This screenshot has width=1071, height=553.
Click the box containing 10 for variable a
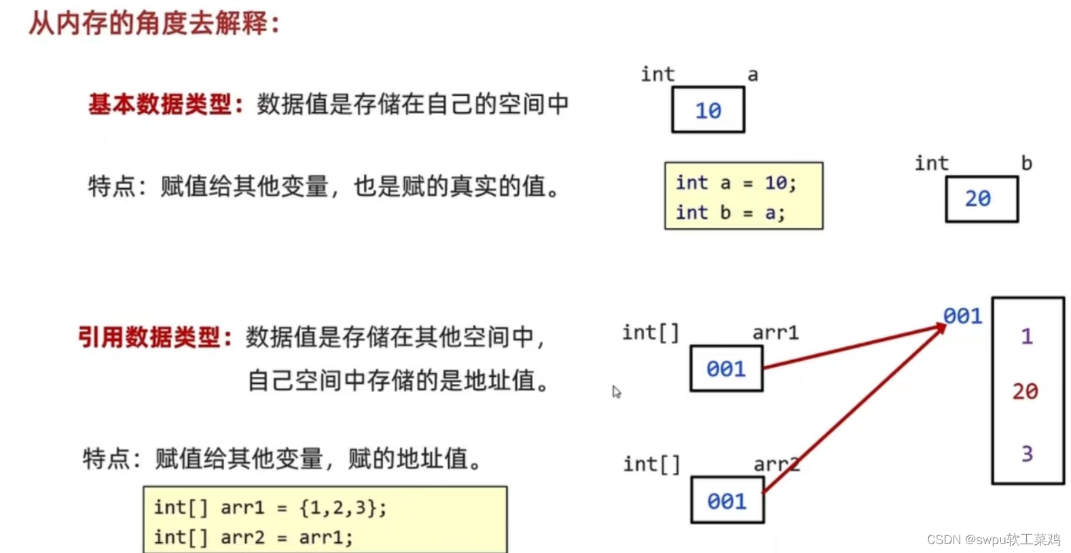[708, 109]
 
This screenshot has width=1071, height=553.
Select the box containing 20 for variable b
[981, 198]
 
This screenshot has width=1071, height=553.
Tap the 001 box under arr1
[726, 368]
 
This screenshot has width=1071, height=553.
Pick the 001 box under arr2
[727, 501]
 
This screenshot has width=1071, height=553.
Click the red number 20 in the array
[1025, 391]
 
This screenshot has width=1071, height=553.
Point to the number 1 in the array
[1026, 336]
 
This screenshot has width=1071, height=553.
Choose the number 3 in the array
[1027, 453]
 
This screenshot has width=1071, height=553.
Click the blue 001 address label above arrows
[962, 316]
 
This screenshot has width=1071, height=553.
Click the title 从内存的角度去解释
[153, 23]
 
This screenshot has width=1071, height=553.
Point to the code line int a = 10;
[736, 183]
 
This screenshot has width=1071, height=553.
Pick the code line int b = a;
[730, 213]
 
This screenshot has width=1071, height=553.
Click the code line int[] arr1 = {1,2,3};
[270, 507]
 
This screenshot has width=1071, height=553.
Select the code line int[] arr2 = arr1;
[253, 537]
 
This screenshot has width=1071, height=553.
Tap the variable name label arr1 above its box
[775, 333]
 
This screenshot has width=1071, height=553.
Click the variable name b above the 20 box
[1026, 163]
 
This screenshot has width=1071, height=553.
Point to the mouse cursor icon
[616, 392]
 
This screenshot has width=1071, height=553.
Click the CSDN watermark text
[993, 539]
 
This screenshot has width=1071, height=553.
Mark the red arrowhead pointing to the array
[941, 327]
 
